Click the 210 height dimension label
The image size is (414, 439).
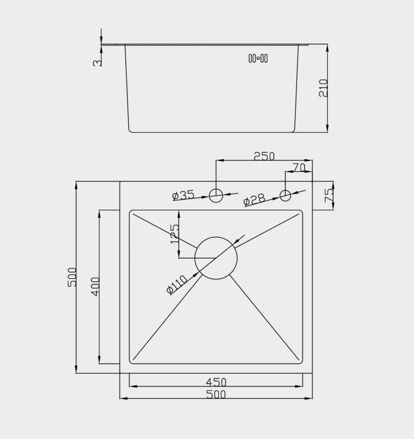pos(323,88)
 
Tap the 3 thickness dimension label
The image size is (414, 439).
pos(97,63)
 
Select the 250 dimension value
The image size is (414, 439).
pos(264,156)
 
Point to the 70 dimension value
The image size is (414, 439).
pos(299,167)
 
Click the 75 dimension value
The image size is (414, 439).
pos(329,195)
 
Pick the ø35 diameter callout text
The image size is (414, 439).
pos(183,195)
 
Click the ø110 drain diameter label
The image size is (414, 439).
pos(176,285)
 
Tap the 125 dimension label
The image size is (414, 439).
pos(174,234)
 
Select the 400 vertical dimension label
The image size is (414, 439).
pos(95,286)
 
